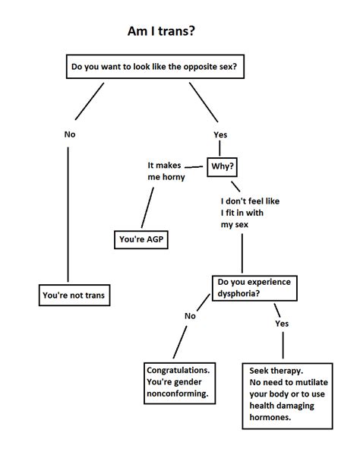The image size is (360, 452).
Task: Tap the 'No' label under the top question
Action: click(70, 134)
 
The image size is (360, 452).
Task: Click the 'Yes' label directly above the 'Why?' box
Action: click(221, 134)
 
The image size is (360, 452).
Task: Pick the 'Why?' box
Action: click(223, 165)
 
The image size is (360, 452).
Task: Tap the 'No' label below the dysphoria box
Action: click(190, 315)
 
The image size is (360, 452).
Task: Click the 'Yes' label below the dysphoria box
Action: click(282, 323)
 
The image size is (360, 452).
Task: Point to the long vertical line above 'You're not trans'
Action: click(68, 213)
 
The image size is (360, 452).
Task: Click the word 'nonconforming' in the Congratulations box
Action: click(177, 394)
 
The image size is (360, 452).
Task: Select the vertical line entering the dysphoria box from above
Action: click(242, 254)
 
